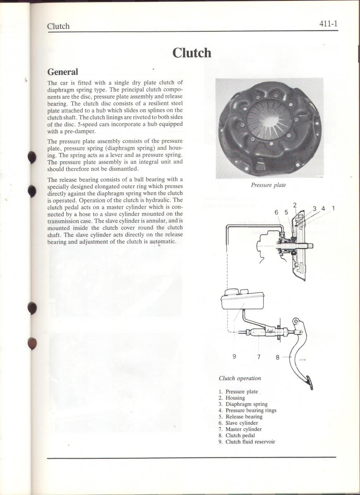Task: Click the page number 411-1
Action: [x=328, y=24]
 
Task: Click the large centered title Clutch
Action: [x=192, y=53]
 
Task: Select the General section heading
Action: [x=62, y=72]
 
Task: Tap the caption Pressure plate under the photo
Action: [x=268, y=185]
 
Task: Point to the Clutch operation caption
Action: [x=239, y=378]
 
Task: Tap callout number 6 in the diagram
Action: [x=277, y=212]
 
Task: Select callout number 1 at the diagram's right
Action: [x=333, y=208]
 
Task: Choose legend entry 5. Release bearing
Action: [x=241, y=417]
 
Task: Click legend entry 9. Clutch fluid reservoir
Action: [x=247, y=442]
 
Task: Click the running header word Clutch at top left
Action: [x=58, y=26]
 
